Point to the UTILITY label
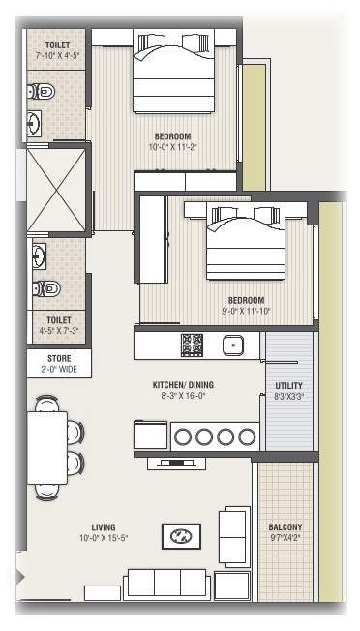tap(288, 386)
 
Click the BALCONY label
tap(285, 527)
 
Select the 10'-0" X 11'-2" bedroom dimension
tap(172, 148)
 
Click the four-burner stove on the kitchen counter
tap(192, 345)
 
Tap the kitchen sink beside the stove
tap(232, 345)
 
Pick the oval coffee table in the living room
tap(181, 535)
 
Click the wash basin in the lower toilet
tap(40, 256)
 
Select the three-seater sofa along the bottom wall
tap(166, 584)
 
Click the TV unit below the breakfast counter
tap(176, 464)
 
